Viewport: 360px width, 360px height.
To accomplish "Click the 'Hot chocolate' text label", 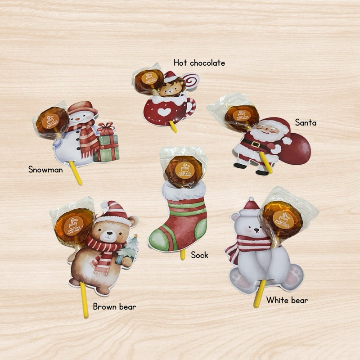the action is coord(199,63).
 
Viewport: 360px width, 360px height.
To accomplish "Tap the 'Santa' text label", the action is coord(306,122).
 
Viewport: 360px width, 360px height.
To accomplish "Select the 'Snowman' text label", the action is coord(45,169).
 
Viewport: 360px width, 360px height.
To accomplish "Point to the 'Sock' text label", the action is coord(199,255).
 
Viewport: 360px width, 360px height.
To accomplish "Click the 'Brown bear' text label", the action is coord(114,307).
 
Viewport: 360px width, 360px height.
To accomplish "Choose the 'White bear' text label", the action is coord(287,300).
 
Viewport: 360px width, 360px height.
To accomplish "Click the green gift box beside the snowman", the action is coord(108,148).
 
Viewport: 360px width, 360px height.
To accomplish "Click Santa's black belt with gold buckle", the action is coord(254,144).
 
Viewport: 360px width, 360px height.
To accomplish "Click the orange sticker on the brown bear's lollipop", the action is coord(73,224).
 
